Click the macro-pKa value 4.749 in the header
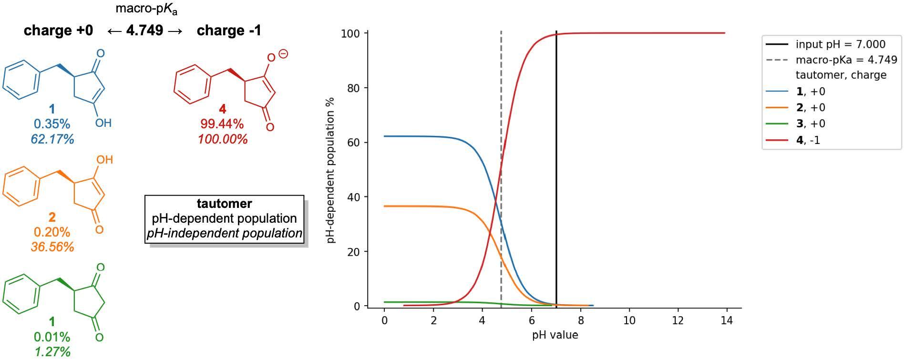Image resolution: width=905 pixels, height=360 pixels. point(144,31)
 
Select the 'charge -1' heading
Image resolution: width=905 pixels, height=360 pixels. point(229,31)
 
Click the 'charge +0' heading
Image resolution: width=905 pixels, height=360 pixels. point(58,31)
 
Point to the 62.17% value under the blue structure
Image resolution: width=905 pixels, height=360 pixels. point(52,139)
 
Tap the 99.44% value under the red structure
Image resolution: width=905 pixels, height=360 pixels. point(222,124)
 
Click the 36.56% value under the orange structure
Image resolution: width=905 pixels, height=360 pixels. point(52,247)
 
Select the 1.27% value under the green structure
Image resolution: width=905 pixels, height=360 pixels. point(52,352)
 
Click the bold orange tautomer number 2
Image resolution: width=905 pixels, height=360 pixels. point(52,217)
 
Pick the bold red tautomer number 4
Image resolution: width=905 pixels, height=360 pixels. point(222,109)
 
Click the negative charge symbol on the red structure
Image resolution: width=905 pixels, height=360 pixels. point(283,54)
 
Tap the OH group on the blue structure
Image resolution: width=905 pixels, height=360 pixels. point(103,123)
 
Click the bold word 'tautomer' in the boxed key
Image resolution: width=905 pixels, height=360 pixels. point(224,204)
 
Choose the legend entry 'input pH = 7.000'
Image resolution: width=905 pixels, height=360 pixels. point(840,44)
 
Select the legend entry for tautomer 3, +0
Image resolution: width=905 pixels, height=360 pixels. point(811,123)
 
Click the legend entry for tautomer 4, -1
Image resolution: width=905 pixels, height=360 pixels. point(808,140)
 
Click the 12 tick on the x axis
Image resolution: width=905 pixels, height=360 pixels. point(678,320)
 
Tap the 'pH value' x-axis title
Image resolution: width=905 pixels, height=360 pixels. point(555,335)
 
